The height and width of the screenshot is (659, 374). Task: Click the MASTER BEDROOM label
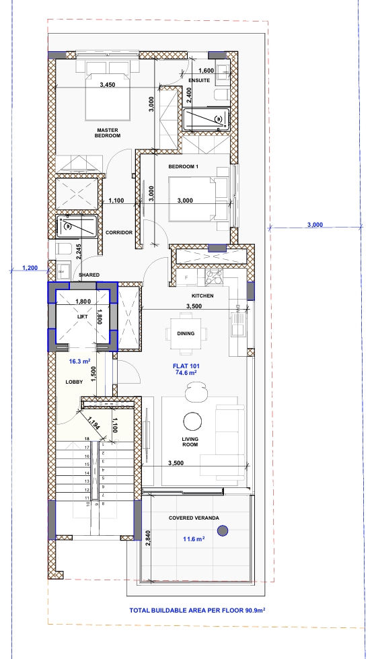point(108,133)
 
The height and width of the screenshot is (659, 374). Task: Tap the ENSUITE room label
point(199,80)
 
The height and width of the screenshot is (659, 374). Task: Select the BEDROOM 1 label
point(184,166)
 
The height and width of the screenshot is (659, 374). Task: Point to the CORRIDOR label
point(119,232)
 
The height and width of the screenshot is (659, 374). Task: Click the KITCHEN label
point(202,296)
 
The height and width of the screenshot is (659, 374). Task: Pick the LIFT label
point(83,317)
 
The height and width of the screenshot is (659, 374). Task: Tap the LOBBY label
point(74,382)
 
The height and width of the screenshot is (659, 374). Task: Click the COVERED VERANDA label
point(194,518)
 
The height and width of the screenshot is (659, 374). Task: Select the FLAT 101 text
point(186,366)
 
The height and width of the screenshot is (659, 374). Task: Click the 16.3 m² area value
point(80,361)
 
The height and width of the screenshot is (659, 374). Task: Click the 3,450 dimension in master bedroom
point(108,84)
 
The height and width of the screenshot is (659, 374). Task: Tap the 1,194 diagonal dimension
point(94,422)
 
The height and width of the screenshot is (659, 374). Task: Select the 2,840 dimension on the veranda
point(147,539)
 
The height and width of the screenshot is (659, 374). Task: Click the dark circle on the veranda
point(223,531)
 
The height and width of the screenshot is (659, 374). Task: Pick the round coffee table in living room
point(192,420)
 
